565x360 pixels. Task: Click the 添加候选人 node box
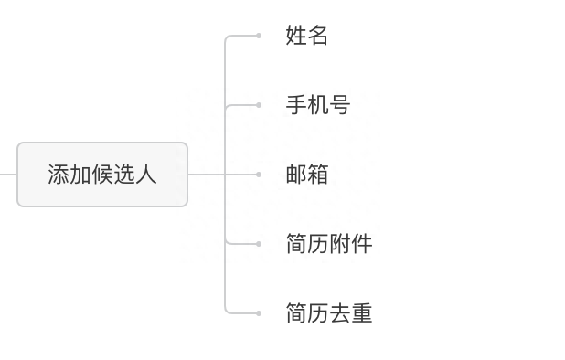tap(102, 175)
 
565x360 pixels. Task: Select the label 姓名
tap(306, 36)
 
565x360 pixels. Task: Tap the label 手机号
tap(317, 105)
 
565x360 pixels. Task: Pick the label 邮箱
tap(306, 175)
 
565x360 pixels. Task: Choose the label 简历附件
tap(328, 244)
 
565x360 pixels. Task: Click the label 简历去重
tap(328, 313)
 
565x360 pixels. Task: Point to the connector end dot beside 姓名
tap(259, 36)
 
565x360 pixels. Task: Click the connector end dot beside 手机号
tap(259, 105)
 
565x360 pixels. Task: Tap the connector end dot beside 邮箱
tap(259, 175)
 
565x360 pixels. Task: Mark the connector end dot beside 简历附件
tap(259, 244)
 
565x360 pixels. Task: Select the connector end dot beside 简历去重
tap(259, 313)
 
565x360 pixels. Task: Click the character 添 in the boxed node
tap(59, 175)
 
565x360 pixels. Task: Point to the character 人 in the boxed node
tap(146, 175)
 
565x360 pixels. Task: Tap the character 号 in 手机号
tap(339, 105)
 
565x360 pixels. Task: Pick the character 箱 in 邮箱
tap(317, 175)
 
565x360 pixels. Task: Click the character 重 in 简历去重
tap(361, 313)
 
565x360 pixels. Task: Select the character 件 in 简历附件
tap(361, 244)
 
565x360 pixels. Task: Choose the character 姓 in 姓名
tap(295, 36)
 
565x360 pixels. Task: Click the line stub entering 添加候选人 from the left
tap(8, 175)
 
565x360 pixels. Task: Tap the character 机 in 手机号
tap(317, 105)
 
